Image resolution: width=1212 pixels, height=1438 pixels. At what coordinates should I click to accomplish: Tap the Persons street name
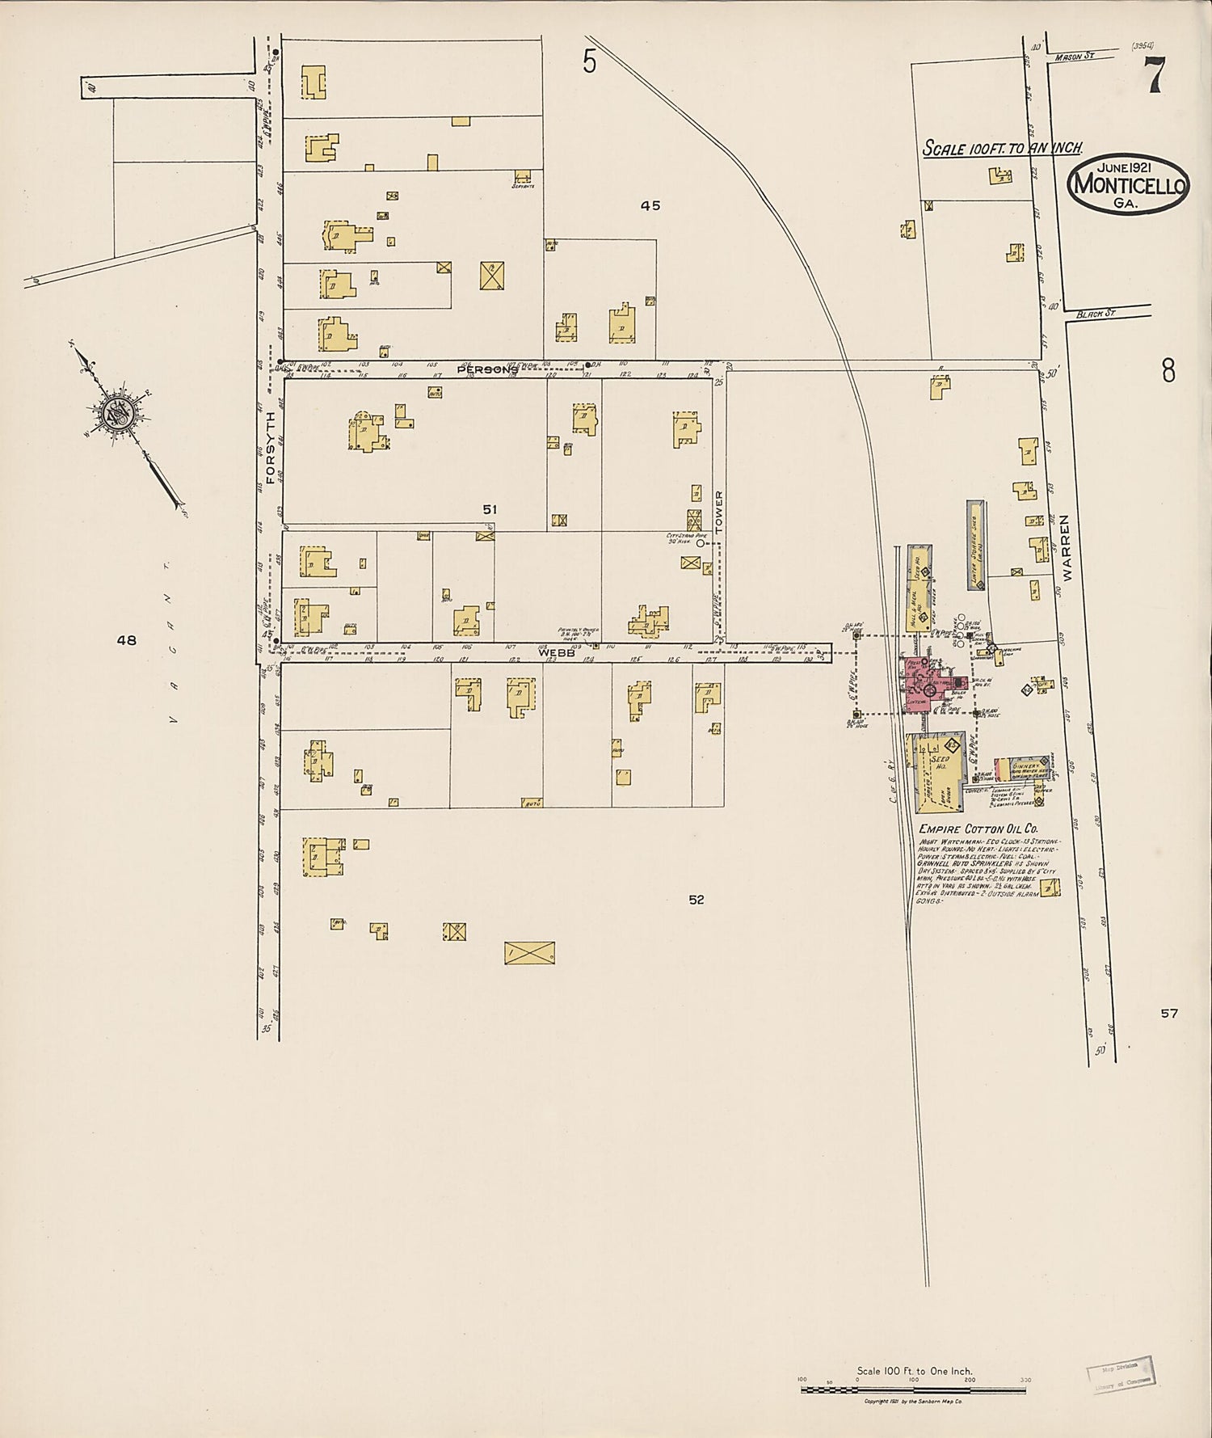coord(487,369)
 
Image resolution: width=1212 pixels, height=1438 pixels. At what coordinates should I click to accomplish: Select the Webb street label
coord(557,652)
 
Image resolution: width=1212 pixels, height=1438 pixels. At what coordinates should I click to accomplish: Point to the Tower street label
coord(719,511)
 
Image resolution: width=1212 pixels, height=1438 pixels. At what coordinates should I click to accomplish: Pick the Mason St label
coord(1074,56)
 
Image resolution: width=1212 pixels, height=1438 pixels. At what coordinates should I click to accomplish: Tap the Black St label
coord(1095,313)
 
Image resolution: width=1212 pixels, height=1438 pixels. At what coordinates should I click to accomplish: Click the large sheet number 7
coord(1153,77)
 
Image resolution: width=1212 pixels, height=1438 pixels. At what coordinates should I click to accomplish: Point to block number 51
coord(490,509)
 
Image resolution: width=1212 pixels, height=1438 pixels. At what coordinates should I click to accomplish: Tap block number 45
coord(650,206)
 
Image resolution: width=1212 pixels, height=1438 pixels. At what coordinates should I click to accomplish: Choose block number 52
coord(696,900)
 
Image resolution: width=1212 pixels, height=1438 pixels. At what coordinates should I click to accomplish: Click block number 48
coord(126,640)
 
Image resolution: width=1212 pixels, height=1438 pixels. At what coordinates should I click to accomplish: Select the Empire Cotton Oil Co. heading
coord(978,829)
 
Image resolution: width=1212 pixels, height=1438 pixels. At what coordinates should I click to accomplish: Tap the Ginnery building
coord(1021,768)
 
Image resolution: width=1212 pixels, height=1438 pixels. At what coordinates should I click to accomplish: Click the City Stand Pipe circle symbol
coord(701,543)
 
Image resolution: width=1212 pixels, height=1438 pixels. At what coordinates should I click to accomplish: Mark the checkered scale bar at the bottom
coord(913,1390)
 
